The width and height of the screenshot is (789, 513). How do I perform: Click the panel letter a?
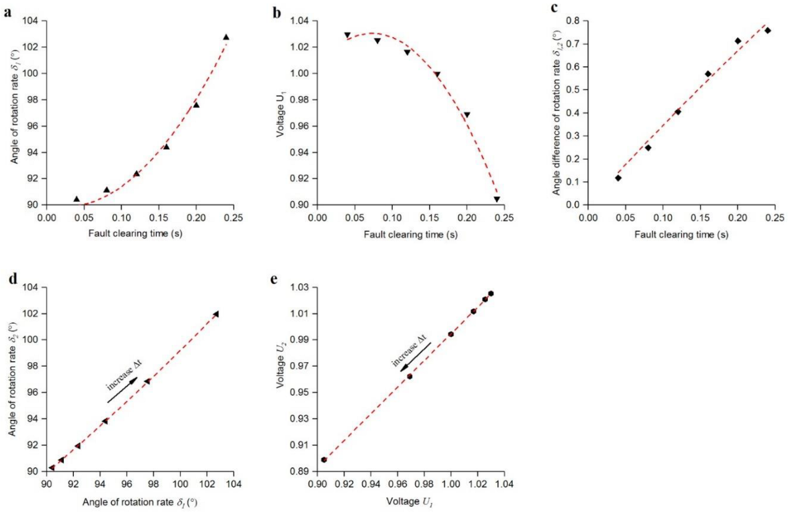[7, 11]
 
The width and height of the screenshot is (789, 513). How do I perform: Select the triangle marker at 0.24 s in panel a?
[226, 37]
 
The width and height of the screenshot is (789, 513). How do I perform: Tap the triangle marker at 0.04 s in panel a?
[76, 199]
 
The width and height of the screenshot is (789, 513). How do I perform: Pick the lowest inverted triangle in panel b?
[497, 199]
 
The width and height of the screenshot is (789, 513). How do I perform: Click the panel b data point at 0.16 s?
[437, 74]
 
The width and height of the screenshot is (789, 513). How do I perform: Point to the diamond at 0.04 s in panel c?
[618, 178]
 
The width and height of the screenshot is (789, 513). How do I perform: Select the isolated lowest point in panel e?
[324, 460]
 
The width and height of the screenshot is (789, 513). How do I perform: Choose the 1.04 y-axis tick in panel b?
[296, 21]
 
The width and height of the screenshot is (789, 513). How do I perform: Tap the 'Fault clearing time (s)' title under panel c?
[681, 234]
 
